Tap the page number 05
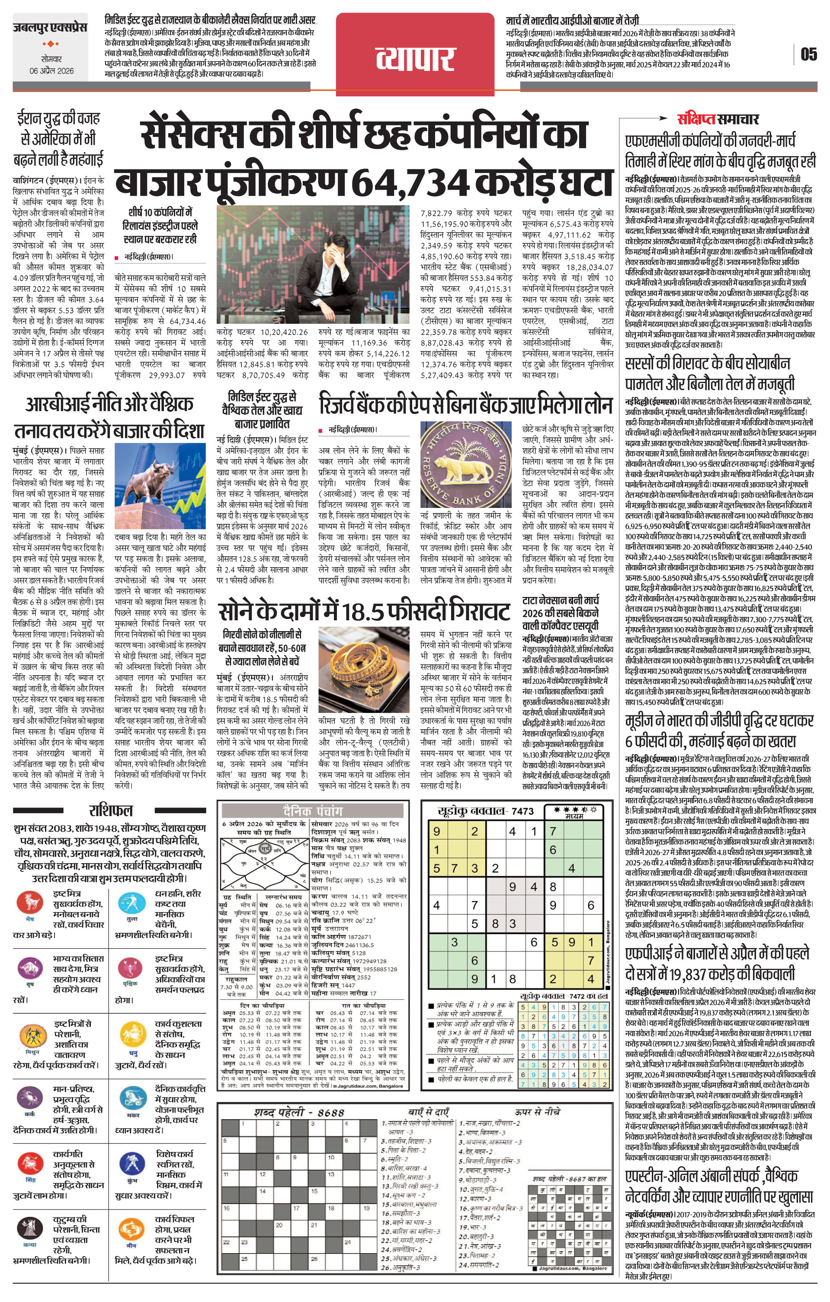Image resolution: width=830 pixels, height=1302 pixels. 808,54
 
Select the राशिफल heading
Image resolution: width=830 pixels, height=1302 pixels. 110,810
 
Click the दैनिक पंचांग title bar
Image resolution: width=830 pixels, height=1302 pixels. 313,811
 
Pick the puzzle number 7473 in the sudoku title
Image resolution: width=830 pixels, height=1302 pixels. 522,811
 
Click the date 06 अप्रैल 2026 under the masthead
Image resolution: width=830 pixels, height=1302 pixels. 51,71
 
